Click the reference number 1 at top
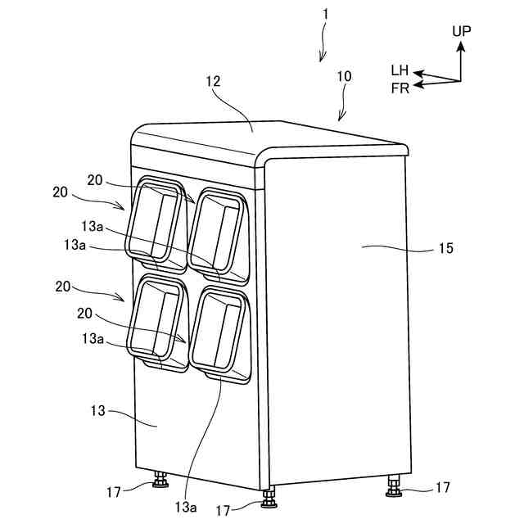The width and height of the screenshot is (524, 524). tap(325, 15)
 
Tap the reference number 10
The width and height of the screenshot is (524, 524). tap(344, 76)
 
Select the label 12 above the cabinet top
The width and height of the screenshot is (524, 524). tap(214, 83)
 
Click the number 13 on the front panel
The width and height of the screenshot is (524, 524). tap(97, 411)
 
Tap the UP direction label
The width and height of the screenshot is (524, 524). tap(462, 31)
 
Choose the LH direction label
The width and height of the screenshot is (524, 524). tap(400, 71)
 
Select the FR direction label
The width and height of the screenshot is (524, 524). tap(400, 88)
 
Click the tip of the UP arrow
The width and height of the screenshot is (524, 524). tap(460, 42)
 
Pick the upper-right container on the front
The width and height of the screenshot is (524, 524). tap(218, 232)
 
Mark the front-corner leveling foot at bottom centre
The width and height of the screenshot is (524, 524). tap(268, 495)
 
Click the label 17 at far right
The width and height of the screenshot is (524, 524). tap(442, 487)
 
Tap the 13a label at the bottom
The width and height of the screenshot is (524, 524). tap(184, 508)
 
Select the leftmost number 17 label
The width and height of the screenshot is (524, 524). tap(114, 492)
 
